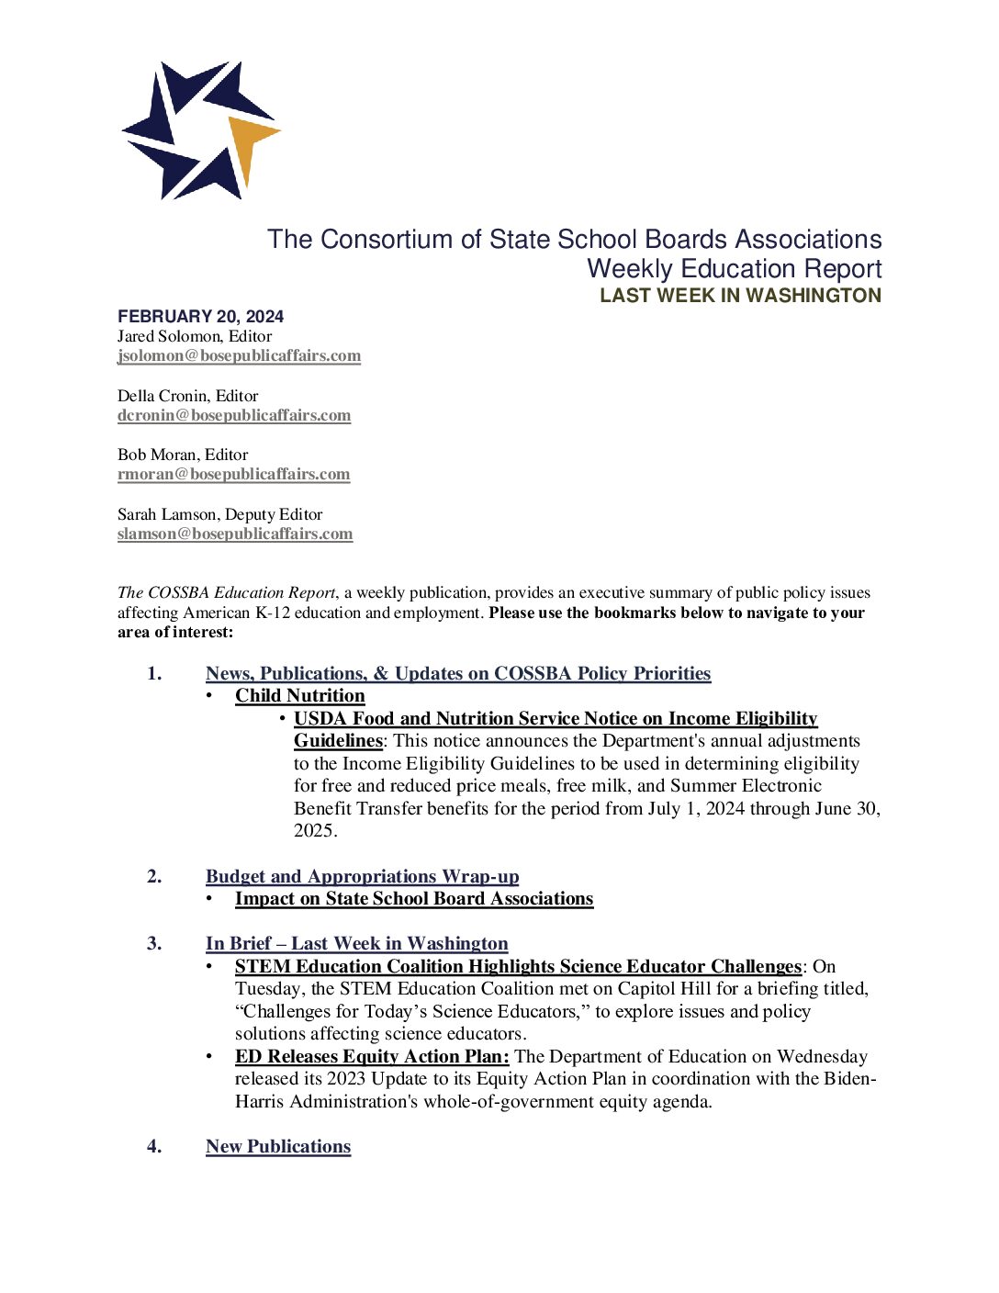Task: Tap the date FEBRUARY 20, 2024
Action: [200, 316]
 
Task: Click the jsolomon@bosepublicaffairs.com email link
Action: [239, 355]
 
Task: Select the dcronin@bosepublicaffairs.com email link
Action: [234, 415]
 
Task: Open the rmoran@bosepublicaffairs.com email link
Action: [233, 474]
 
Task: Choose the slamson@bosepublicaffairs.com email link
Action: [235, 534]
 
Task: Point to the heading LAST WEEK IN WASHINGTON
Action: [740, 296]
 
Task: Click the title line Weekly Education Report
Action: [734, 269]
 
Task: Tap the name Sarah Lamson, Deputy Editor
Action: [219, 514]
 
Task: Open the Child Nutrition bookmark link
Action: [299, 696]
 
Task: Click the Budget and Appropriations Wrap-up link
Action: [362, 877]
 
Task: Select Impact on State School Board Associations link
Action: [414, 899]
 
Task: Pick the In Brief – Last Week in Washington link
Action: [356, 944]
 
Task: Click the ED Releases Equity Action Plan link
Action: [372, 1057]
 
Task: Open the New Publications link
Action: [278, 1147]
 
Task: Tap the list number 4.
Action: [153, 1147]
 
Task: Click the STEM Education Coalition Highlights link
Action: [518, 967]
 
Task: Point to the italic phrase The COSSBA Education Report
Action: [227, 593]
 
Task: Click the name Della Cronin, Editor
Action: [187, 396]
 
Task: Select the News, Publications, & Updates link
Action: [458, 674]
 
